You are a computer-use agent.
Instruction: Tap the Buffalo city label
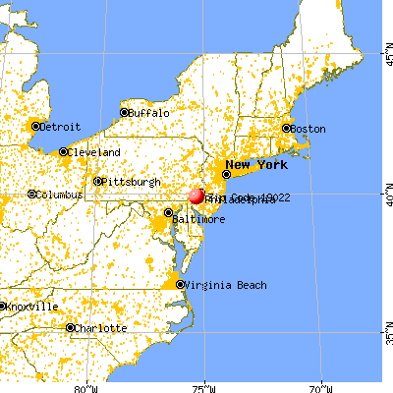[148, 113]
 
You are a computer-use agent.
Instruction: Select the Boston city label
[308, 129]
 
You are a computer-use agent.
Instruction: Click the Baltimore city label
[200, 219]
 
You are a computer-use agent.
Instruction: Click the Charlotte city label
[102, 328]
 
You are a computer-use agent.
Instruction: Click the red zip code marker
[196, 196]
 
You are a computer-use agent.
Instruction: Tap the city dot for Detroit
[35, 127]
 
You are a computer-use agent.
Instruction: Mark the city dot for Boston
[287, 129]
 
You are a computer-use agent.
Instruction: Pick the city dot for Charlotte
[70, 327]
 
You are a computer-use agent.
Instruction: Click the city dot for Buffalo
[124, 113]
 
